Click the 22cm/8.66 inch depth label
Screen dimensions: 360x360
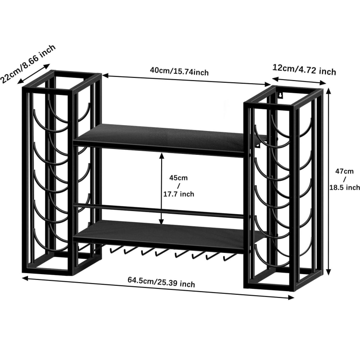click(x=28, y=63)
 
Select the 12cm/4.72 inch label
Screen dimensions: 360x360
click(x=304, y=70)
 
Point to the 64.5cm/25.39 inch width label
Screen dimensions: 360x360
click(x=161, y=282)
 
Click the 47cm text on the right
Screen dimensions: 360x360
click(x=344, y=171)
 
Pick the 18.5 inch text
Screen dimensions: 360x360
click(x=345, y=187)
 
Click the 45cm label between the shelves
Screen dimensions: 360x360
click(x=178, y=178)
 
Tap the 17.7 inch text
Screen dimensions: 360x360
click(x=179, y=194)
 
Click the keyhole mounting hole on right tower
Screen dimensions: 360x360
click(x=280, y=94)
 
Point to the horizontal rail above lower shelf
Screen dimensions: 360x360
click(x=158, y=211)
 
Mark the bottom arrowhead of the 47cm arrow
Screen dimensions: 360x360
click(x=329, y=272)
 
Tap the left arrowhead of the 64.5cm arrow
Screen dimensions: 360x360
click(x=25, y=278)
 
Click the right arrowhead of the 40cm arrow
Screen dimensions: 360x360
click(x=268, y=84)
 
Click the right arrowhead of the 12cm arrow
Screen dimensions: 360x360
click(x=323, y=83)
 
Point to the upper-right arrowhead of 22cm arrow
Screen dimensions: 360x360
click(x=47, y=66)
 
